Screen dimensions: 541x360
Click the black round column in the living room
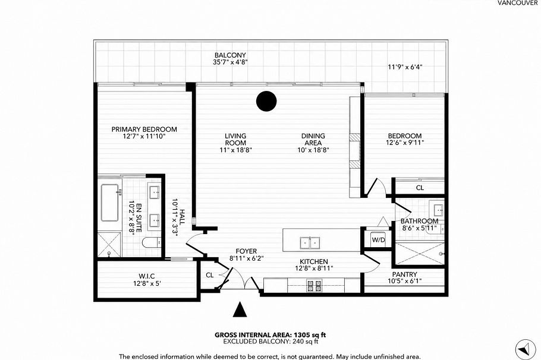click(266, 101)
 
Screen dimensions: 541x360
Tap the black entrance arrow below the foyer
click(240, 310)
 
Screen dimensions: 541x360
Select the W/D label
click(378, 239)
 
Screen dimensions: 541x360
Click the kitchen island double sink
click(310, 243)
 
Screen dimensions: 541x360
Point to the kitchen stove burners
click(314, 286)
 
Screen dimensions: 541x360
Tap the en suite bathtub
click(111, 203)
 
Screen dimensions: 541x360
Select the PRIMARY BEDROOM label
click(144, 130)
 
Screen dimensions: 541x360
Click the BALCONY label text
click(230, 55)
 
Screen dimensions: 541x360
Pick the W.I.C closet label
click(147, 276)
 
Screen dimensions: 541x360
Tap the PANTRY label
click(404, 274)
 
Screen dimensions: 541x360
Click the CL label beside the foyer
click(210, 275)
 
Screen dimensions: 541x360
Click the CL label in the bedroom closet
click(420, 188)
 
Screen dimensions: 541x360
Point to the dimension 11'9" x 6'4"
click(405, 67)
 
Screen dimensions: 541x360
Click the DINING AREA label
click(313, 140)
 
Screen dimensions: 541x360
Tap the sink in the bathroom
click(439, 209)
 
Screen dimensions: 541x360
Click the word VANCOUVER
click(518, 3)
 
